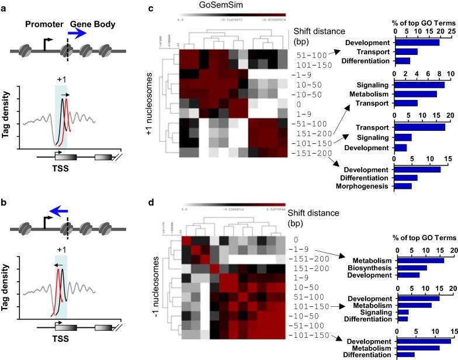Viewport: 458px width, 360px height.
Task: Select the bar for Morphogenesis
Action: click(x=404, y=186)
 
